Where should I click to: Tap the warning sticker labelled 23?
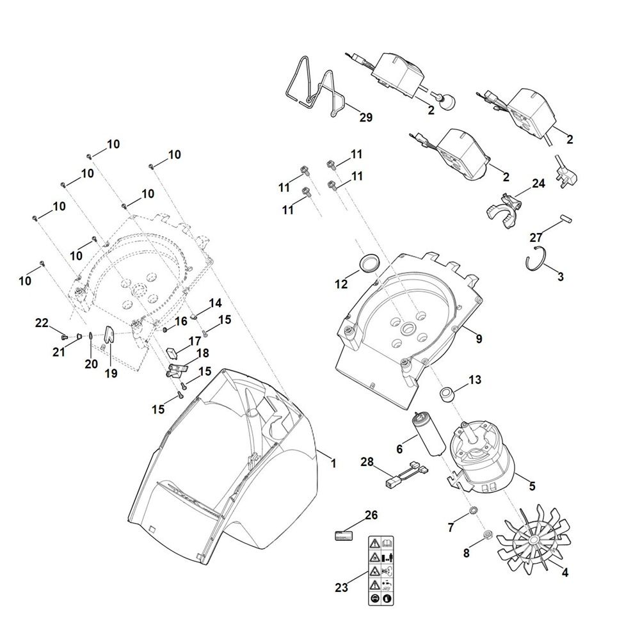click(x=381, y=570)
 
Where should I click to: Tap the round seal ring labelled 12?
click(x=369, y=262)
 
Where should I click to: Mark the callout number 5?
click(x=532, y=486)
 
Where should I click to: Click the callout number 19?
click(x=111, y=373)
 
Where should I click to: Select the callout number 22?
click(x=42, y=323)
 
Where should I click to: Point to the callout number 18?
click(x=202, y=353)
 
